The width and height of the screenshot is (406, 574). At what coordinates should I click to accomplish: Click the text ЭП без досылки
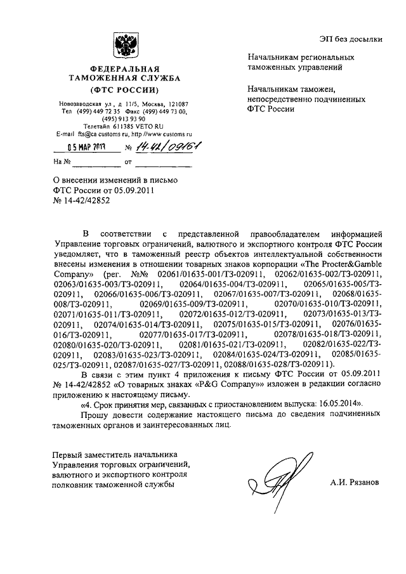(355, 39)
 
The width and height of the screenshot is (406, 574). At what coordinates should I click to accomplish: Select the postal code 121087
(184, 103)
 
